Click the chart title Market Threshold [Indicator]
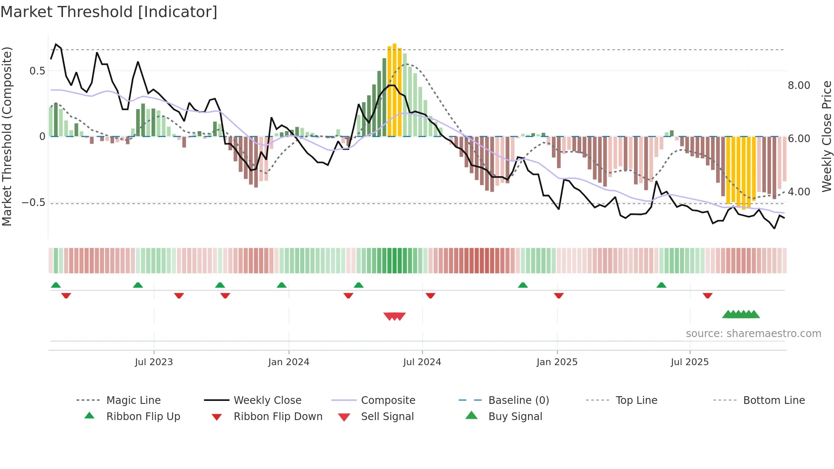pos(109,12)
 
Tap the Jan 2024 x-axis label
pos(288,362)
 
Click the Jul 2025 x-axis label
pos(689,362)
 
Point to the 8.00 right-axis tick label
pos(799,86)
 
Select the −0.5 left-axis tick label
pos(33,203)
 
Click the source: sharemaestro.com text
pos(753,334)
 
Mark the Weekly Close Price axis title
pos(826,136)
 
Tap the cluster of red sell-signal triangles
pos(394,316)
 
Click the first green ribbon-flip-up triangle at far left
pos(56,285)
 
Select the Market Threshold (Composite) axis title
pos(7,136)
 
